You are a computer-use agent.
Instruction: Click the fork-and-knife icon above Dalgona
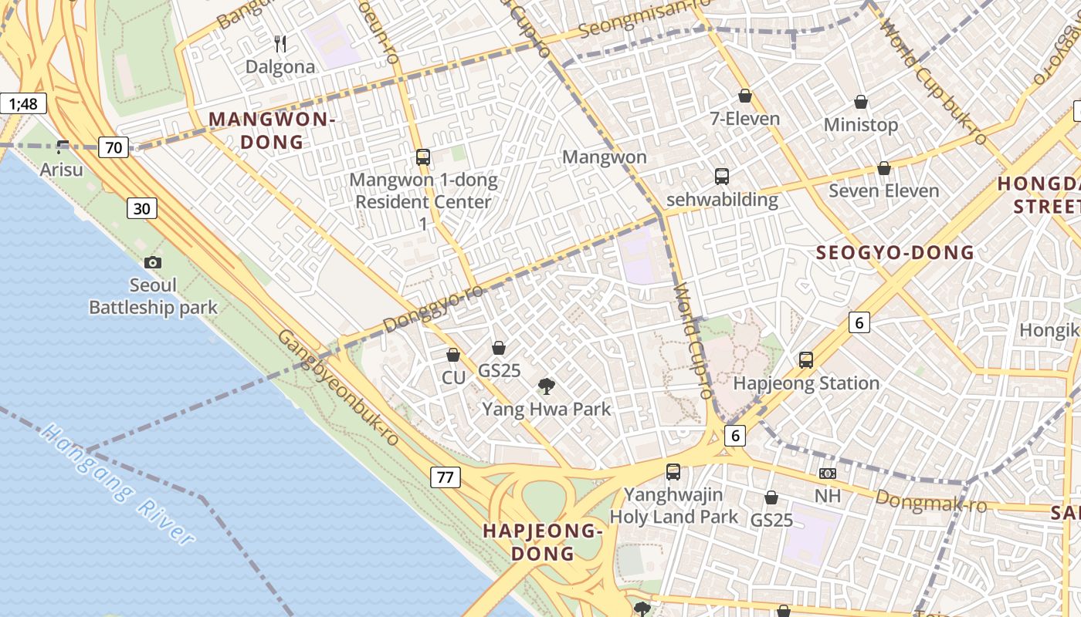(x=281, y=44)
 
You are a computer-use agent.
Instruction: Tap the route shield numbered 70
(x=114, y=147)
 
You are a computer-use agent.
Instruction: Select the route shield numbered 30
(x=143, y=208)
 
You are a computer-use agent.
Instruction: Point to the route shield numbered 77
(x=446, y=477)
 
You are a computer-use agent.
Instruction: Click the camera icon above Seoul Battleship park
(x=153, y=262)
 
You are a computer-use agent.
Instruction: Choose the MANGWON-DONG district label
(x=272, y=130)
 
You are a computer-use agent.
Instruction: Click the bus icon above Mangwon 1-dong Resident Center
(x=423, y=157)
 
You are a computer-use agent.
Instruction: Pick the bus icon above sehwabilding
(x=722, y=177)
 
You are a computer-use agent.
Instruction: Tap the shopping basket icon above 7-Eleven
(x=745, y=96)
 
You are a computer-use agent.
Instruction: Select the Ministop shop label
(x=861, y=124)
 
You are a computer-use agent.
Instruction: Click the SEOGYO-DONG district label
(x=896, y=252)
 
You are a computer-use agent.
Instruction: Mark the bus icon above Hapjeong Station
(x=806, y=359)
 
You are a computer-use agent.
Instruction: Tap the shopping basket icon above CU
(x=453, y=355)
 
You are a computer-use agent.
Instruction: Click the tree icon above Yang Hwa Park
(x=547, y=386)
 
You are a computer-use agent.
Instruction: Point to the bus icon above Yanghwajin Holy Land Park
(x=673, y=471)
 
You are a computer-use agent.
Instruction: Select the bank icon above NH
(x=828, y=473)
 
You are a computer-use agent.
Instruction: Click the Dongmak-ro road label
(x=931, y=501)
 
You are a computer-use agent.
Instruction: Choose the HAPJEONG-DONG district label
(x=542, y=541)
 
